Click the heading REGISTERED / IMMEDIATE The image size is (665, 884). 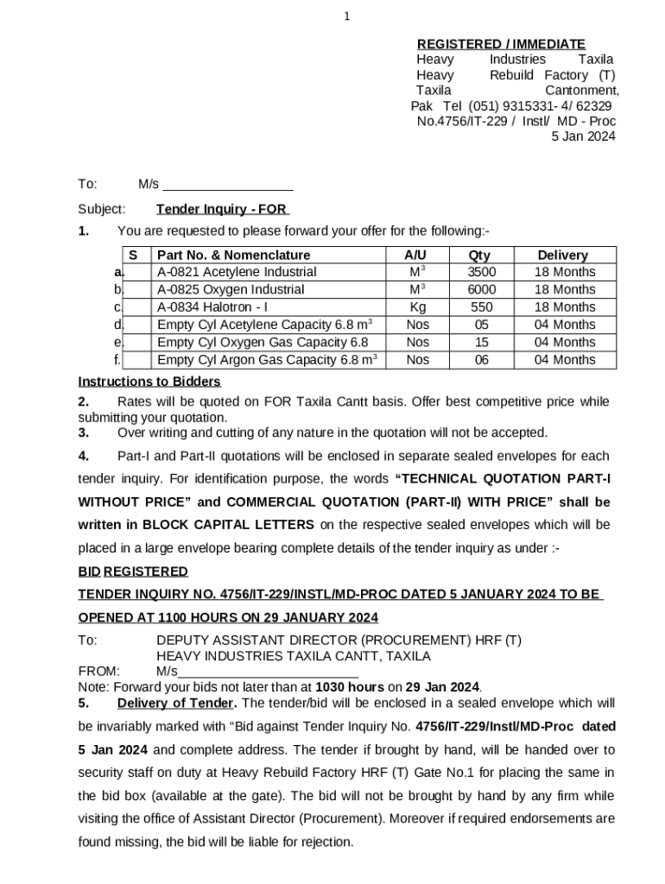501,44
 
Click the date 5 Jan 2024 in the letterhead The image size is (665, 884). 583,136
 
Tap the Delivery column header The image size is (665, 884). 562,256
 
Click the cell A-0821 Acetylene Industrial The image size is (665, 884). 237,272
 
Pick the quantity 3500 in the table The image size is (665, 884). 481,272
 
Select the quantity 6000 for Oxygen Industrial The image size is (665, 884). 481,290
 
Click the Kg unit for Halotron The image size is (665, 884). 417,307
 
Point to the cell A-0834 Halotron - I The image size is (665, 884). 212,307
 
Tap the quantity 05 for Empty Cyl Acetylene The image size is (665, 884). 481,325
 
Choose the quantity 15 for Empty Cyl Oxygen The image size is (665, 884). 481,343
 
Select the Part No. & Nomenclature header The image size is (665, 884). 233,256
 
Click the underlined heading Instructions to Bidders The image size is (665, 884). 149,382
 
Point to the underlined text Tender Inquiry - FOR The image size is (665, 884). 222,209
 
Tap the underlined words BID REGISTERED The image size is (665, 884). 133,571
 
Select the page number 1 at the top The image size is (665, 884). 346,16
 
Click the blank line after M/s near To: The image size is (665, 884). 228,184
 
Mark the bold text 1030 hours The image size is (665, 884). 350,687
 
